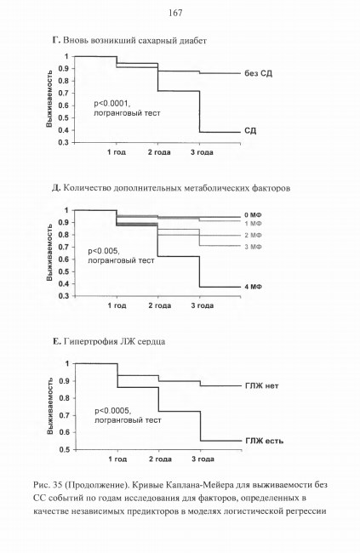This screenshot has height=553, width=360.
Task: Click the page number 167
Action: [x=175, y=13]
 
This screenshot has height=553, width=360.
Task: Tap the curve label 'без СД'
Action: [x=259, y=73]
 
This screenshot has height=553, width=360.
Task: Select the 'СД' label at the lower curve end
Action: [x=250, y=131]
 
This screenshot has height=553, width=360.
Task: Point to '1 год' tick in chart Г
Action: [x=117, y=152]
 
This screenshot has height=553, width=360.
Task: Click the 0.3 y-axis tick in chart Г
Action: [x=67, y=142]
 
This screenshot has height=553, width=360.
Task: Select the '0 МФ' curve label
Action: [x=253, y=215]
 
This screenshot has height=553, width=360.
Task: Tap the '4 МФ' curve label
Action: [x=253, y=287]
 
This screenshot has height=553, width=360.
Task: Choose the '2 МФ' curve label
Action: [x=253, y=235]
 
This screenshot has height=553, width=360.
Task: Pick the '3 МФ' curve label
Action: [x=253, y=247]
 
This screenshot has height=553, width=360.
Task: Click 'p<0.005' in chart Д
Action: [x=104, y=252]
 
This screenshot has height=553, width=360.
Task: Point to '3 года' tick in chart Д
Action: [x=203, y=305]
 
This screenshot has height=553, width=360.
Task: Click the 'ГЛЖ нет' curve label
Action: [x=262, y=386]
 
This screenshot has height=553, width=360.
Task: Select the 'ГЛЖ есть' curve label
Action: [x=265, y=441]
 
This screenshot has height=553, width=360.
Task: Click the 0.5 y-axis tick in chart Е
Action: [x=67, y=450]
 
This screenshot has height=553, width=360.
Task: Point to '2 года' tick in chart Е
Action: [x=160, y=459]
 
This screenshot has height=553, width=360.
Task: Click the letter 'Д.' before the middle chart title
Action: [x=56, y=188]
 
